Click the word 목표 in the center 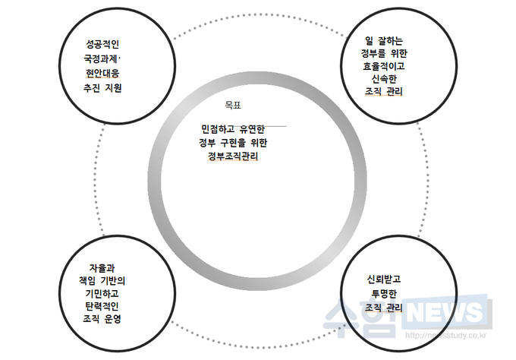pos(233,105)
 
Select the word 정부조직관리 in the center pos(233,156)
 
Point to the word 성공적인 pos(102,44)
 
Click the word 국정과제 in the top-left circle pos(100,59)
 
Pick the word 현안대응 pos(102,73)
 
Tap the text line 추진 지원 pos(102,87)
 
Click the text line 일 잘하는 pos(384,40)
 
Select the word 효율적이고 pos(384,66)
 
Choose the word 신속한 pos(384,79)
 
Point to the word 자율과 pos(102,268)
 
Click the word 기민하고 pos(102,293)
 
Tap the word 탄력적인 pos(102,306)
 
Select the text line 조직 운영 pos(102,318)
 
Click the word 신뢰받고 pos(384,279)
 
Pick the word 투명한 pos(384,293)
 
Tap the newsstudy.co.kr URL pos(445,335)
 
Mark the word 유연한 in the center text pos(252,129)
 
